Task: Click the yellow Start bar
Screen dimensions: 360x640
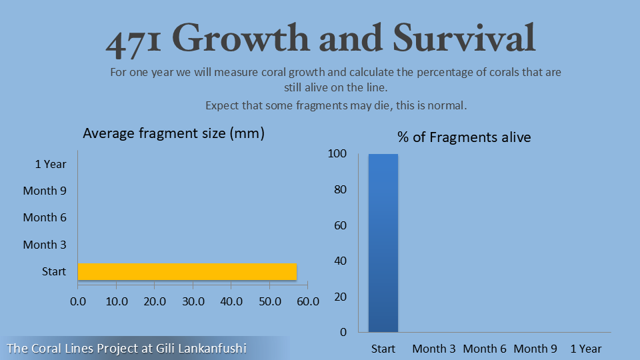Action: click(187, 271)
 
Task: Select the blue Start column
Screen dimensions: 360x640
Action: click(383, 243)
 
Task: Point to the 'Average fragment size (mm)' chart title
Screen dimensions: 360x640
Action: click(174, 133)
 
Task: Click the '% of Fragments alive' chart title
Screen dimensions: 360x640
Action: click(464, 137)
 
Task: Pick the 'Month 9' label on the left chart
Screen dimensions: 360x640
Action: click(45, 191)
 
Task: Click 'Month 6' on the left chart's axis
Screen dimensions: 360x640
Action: click(45, 217)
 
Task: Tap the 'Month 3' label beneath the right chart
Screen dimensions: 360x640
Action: click(434, 349)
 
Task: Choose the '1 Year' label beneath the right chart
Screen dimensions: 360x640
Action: click(586, 349)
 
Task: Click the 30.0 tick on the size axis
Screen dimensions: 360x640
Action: click(193, 301)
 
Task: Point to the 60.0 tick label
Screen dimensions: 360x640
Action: click(308, 301)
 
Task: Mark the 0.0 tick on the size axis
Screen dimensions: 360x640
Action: click(78, 301)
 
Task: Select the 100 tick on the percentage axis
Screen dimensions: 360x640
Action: click(337, 154)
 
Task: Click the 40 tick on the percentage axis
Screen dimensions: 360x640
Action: click(340, 261)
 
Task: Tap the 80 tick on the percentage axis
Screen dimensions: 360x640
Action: click(340, 189)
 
